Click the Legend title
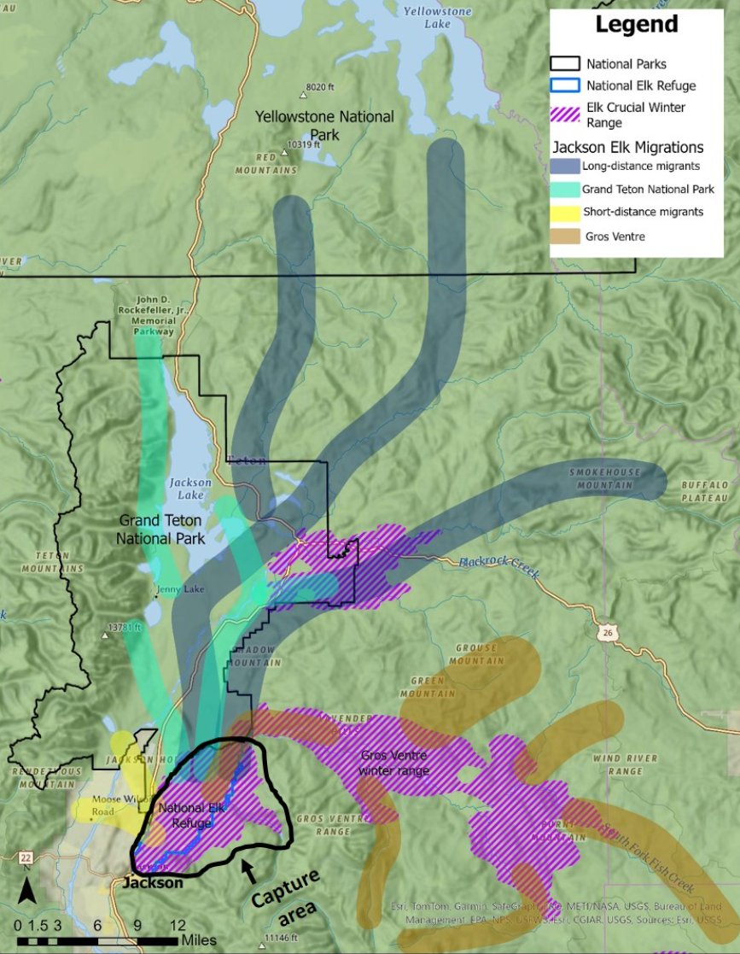pos(636,24)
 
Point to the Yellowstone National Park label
pos(324,126)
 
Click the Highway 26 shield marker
pos(604,633)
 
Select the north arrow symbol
pos(26,893)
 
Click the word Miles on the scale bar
pos(199,940)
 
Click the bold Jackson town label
pos(151,883)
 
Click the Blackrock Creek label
pos(498,568)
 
